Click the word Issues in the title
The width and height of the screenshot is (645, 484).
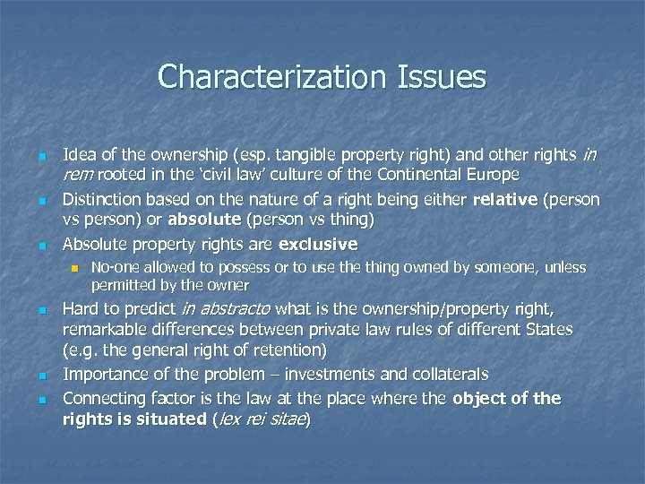click(x=443, y=77)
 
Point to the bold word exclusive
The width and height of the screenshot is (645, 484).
click(x=318, y=245)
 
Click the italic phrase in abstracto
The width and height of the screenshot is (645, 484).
click(x=227, y=309)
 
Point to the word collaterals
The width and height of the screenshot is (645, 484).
click(x=451, y=374)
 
